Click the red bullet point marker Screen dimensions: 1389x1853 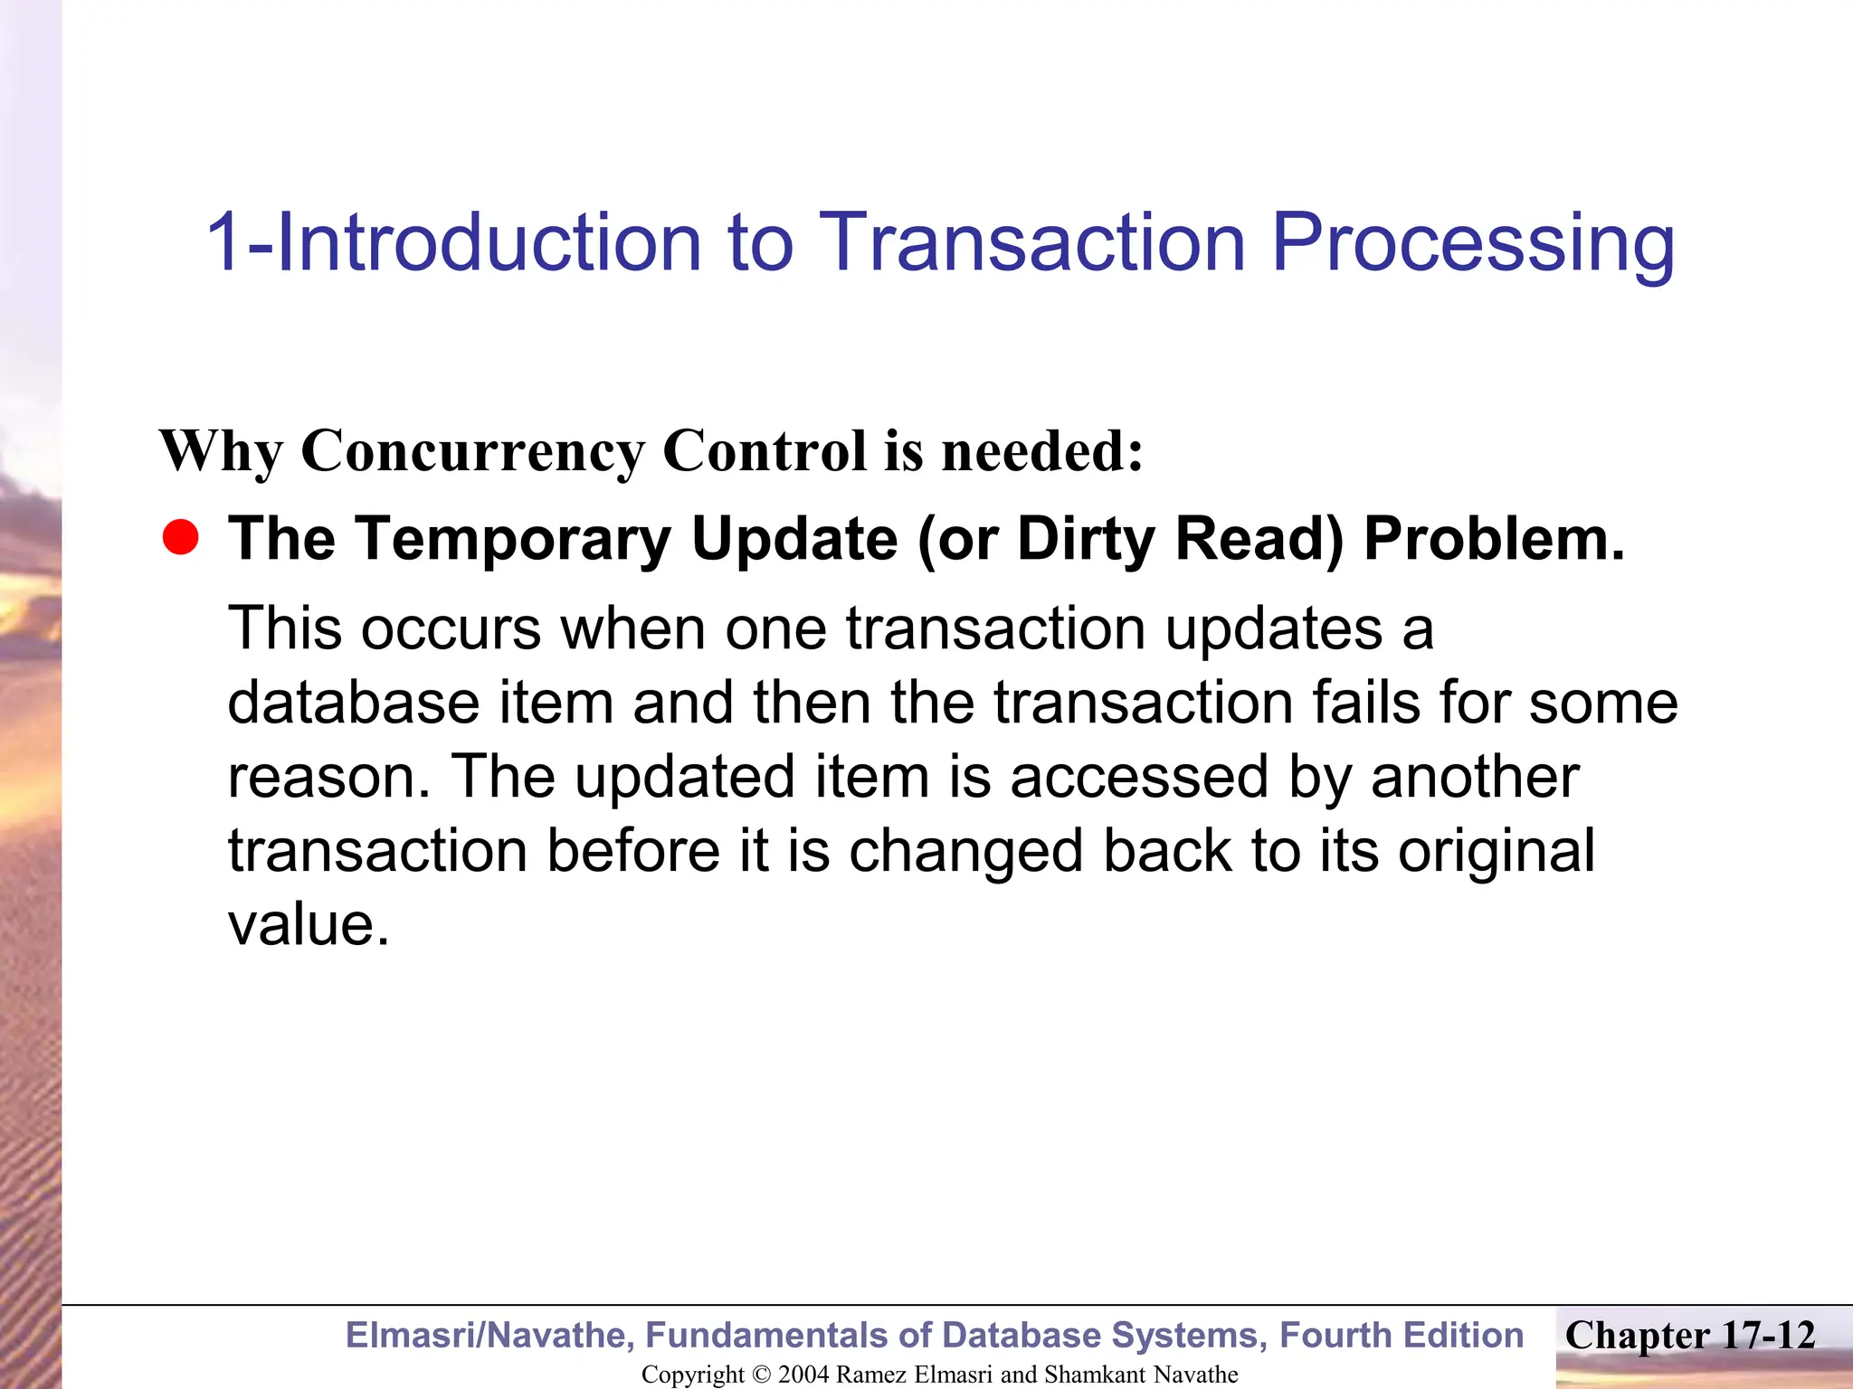click(x=180, y=538)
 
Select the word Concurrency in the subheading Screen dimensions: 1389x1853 click(x=473, y=450)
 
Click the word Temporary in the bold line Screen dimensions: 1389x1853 click(x=512, y=539)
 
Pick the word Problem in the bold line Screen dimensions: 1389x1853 click(x=1493, y=539)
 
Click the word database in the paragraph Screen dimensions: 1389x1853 click(x=353, y=703)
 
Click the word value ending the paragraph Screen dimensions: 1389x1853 click(x=308, y=925)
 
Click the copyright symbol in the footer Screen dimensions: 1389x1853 click(x=761, y=1375)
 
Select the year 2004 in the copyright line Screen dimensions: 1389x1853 click(x=803, y=1375)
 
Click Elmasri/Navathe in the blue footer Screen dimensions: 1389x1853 click(x=489, y=1336)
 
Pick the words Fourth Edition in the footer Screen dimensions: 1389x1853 click(x=1402, y=1336)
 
